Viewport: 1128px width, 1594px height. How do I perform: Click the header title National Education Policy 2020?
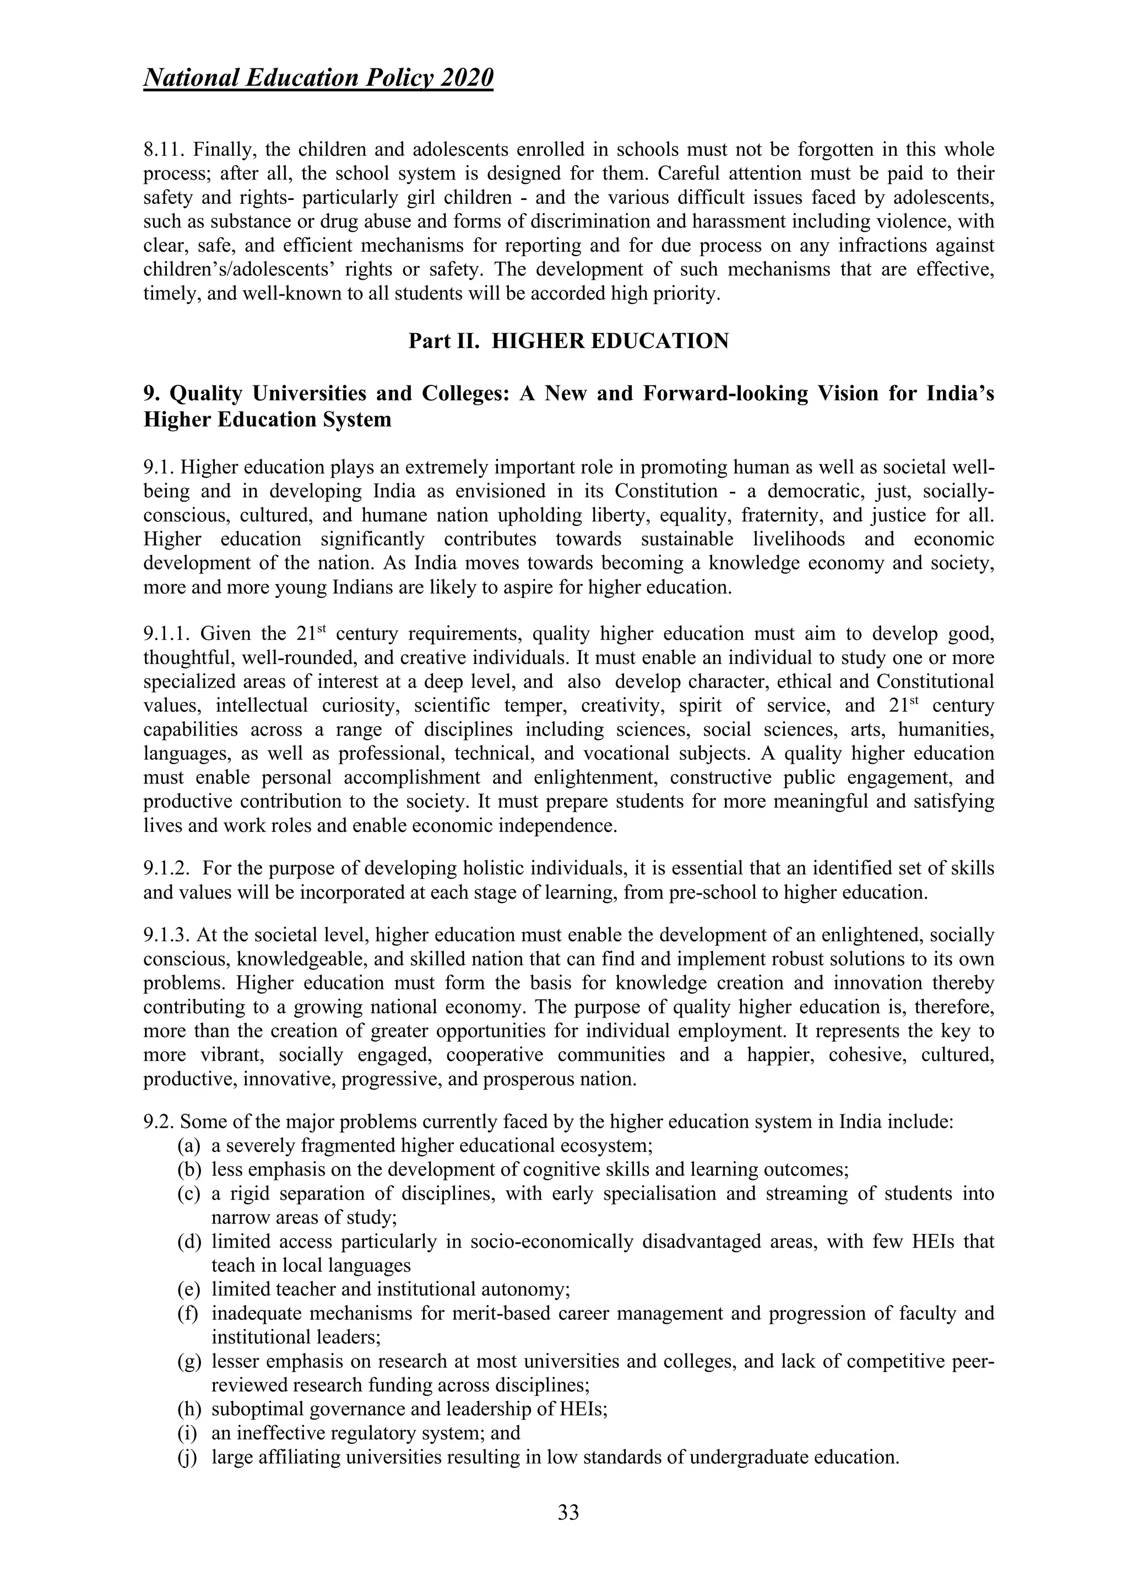point(318,78)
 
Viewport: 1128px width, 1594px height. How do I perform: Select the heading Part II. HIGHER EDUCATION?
point(568,341)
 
